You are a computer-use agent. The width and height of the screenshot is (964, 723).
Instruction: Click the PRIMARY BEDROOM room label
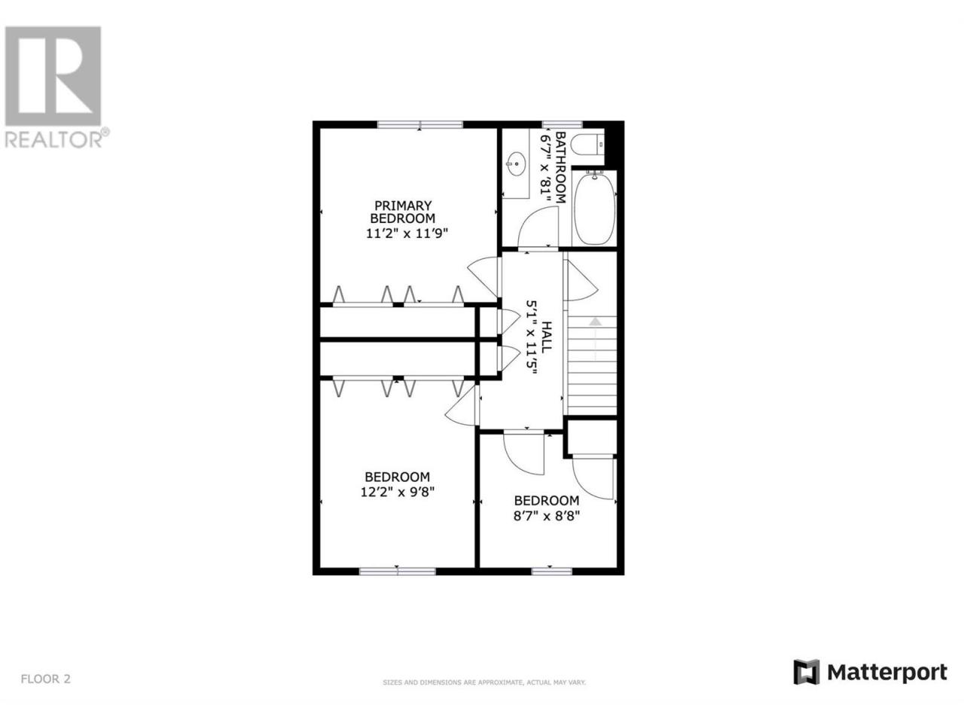tap(402, 212)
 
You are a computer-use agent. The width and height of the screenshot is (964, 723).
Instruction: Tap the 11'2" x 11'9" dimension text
tap(407, 233)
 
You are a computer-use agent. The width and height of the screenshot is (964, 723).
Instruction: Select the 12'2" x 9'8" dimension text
tap(397, 492)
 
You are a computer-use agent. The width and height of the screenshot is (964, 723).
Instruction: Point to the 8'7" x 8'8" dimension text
tap(546, 515)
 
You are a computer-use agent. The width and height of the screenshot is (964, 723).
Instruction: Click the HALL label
tap(546, 337)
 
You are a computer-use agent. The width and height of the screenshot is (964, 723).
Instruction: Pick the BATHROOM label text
tap(560, 167)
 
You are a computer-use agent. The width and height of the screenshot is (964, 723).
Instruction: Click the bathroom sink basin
tap(516, 163)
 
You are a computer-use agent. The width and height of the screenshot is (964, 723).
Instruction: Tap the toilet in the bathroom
tap(588, 145)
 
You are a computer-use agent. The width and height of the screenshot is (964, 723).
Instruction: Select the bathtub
tap(594, 207)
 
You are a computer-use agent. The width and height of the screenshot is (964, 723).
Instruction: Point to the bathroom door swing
tap(538, 227)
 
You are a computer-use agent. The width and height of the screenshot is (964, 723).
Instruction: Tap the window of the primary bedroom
tap(419, 125)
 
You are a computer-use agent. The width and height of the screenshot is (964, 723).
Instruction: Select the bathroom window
tap(563, 125)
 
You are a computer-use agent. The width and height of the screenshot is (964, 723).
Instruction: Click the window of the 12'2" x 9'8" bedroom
tap(398, 571)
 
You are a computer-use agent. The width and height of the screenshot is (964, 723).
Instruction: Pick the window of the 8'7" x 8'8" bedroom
tap(551, 571)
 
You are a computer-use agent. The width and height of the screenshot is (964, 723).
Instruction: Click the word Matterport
tap(887, 685)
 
